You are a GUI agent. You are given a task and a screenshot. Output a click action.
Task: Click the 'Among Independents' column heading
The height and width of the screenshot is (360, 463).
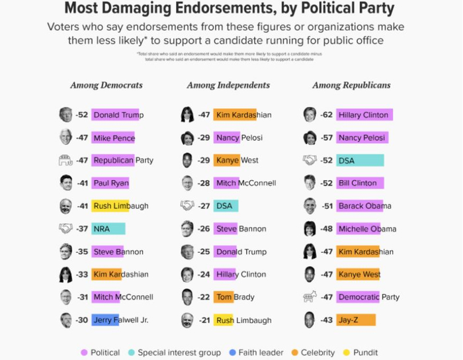point(228,85)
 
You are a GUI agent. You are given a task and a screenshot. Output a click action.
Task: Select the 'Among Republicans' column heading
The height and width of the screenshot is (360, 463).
point(351,85)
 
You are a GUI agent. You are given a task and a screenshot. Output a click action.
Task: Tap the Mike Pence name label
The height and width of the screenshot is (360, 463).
point(114,138)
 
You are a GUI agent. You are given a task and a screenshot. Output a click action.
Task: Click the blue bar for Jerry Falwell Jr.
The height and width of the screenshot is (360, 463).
point(105,320)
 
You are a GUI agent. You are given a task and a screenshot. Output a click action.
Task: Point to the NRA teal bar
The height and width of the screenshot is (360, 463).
point(108,229)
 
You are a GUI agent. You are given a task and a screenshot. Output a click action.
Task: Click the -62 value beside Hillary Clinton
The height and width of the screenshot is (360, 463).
point(326,115)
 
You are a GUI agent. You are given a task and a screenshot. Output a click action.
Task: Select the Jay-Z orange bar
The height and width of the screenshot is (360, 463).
point(356,320)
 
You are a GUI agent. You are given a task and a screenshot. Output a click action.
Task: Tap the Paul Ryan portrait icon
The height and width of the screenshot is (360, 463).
point(65,183)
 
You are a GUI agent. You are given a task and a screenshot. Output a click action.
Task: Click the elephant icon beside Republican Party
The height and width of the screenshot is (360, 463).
point(65,160)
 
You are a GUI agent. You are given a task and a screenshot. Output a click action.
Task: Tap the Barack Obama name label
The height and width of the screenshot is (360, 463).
point(364,206)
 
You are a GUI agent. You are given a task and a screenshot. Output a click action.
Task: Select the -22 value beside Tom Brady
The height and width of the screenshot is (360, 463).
point(203,297)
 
